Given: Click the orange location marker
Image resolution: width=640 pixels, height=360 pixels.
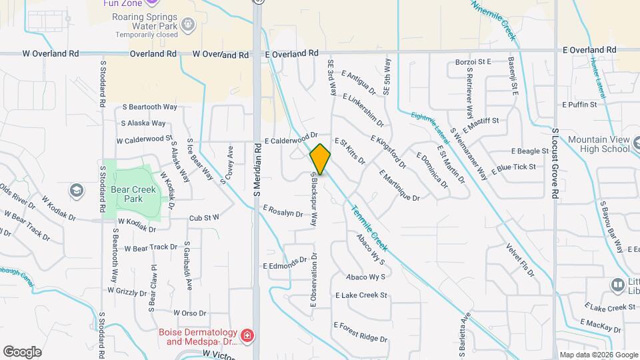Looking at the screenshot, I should pyautogui.click(x=320, y=159).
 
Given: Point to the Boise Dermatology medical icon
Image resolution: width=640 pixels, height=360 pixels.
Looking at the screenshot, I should pyautogui.click(x=247, y=335).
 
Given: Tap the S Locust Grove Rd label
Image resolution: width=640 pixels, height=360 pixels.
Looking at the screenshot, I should pyautogui.click(x=555, y=163).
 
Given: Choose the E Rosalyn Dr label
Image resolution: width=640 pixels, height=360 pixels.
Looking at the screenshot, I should pyautogui.click(x=283, y=211).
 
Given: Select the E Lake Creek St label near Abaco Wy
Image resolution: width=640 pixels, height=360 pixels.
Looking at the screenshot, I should pyautogui.click(x=361, y=295).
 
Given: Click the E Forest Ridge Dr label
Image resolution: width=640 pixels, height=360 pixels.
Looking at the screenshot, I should pyautogui.click(x=360, y=331).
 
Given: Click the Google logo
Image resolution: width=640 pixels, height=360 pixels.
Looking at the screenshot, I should pyautogui.click(x=22, y=351).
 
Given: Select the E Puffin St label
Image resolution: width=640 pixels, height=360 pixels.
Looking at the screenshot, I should pyautogui.click(x=579, y=105).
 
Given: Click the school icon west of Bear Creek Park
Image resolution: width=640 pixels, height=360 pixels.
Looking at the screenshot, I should pyautogui.click(x=77, y=191).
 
